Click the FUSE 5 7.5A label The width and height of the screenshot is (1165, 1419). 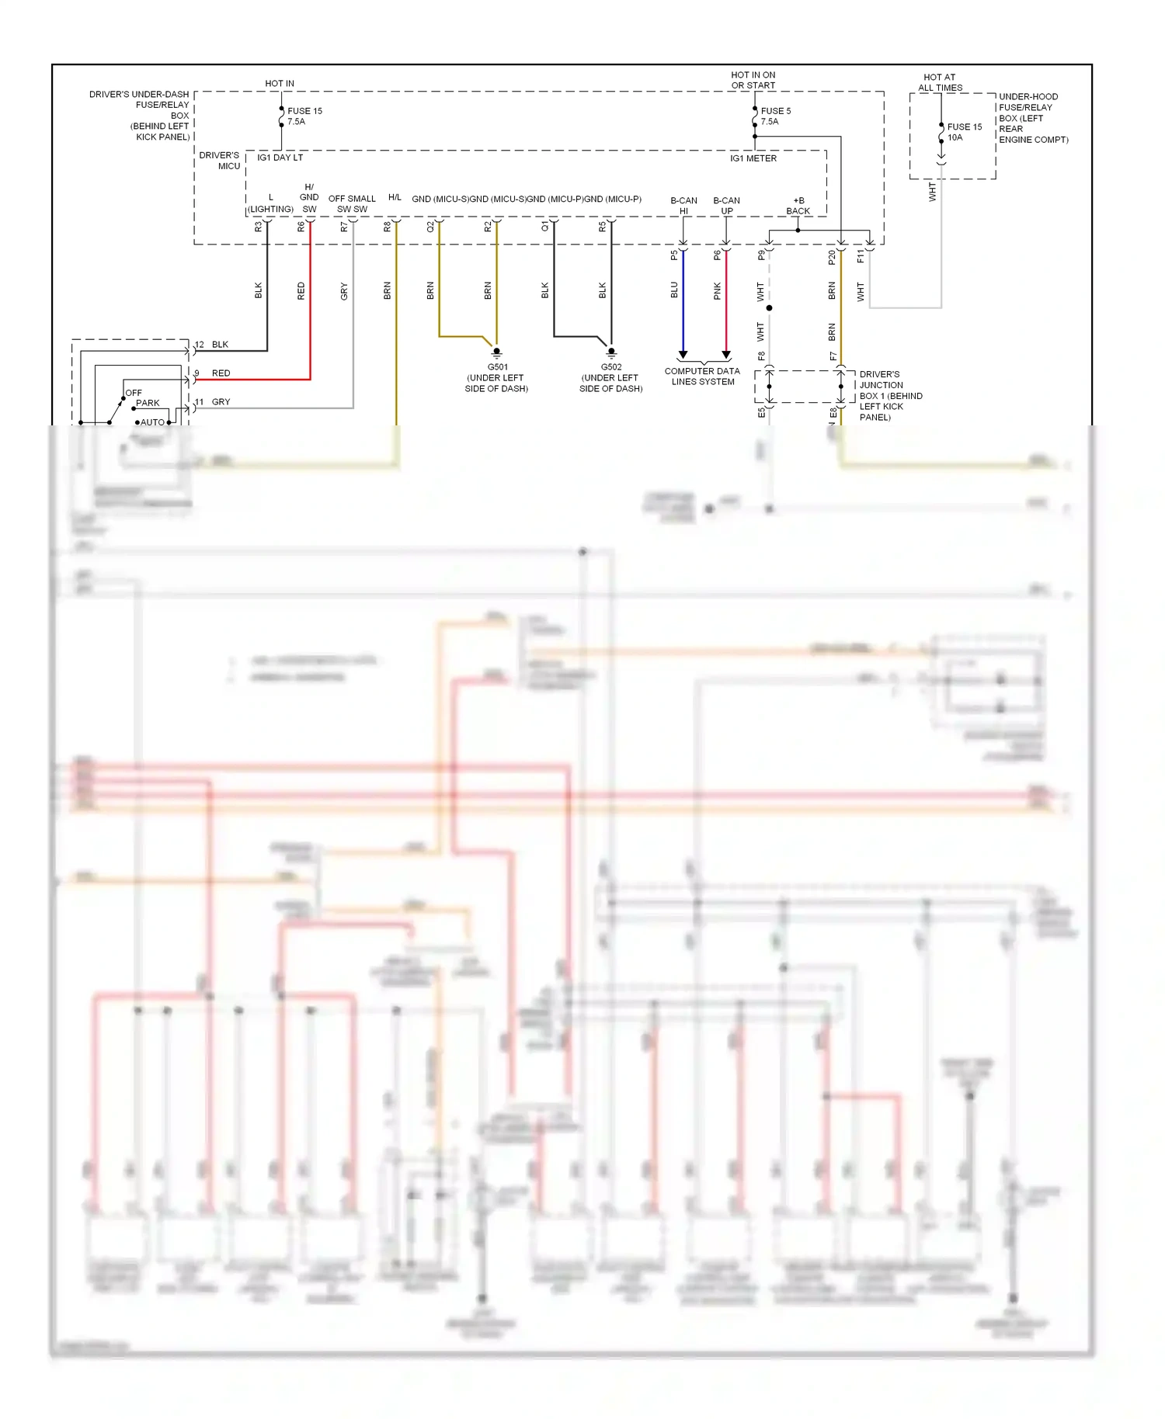tap(775, 116)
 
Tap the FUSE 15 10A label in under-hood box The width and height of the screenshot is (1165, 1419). tap(964, 132)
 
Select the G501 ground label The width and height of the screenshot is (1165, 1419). tap(497, 378)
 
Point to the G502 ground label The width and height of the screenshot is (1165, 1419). tap(611, 378)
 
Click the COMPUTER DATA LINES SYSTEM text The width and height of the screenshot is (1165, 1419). tap(702, 376)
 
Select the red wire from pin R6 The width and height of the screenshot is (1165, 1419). tap(310, 311)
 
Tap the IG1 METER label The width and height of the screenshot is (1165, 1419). tap(753, 158)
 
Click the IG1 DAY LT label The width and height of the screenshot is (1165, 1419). tap(280, 158)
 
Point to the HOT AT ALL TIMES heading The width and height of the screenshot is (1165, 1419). tap(940, 82)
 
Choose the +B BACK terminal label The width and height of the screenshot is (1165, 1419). tap(798, 206)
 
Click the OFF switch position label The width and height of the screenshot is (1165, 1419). tap(134, 393)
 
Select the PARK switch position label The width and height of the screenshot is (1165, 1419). tap(148, 404)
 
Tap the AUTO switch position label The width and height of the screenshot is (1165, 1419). tap(152, 422)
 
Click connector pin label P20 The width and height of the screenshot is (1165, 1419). tap(832, 257)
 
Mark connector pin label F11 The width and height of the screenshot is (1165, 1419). tap(861, 256)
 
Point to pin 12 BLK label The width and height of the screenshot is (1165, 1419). tap(212, 345)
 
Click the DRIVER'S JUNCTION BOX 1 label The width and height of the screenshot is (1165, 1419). tap(890, 396)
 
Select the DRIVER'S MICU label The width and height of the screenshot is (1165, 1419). tap(220, 161)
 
